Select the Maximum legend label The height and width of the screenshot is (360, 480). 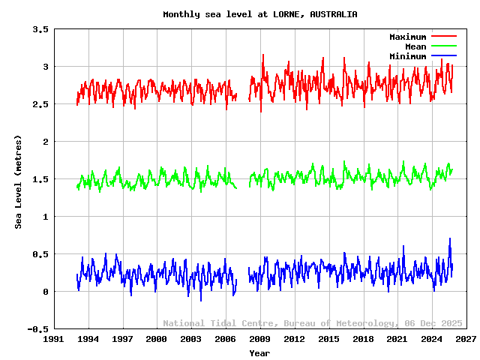pos(407,37)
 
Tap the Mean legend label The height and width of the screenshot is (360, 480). pos(415,46)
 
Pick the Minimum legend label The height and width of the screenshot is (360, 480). pos(407,56)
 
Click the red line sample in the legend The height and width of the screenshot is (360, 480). pos(443,37)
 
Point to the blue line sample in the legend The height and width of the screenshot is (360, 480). pos(443,56)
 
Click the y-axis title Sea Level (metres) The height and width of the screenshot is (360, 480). pos(19,182)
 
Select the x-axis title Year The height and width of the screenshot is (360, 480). pos(259,352)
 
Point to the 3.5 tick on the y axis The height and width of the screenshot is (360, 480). pos(40,29)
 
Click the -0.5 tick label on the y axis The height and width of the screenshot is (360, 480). pos(37,329)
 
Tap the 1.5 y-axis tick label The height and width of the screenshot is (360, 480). pos(40,179)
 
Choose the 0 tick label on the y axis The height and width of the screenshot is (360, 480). pos(46,292)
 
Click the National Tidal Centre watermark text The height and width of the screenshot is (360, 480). pos(221,323)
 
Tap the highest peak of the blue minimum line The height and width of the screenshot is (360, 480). pos(450,239)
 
